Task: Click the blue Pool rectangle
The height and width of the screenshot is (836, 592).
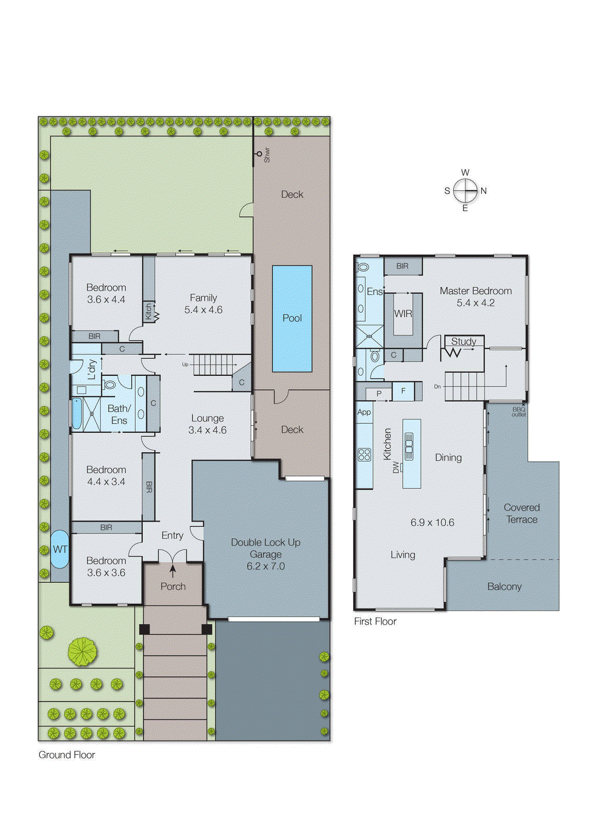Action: tap(292, 318)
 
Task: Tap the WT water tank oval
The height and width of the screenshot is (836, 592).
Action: tap(60, 549)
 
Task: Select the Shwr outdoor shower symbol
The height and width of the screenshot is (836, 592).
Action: tap(259, 154)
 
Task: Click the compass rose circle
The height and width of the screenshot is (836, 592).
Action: tap(465, 191)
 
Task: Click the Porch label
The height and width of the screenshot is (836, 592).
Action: tap(173, 586)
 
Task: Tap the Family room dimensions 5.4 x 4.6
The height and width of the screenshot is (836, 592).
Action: tap(203, 310)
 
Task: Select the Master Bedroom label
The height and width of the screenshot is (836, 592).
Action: tap(475, 291)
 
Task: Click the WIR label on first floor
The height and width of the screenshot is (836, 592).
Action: tap(403, 313)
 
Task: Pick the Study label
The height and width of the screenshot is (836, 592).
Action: tap(463, 341)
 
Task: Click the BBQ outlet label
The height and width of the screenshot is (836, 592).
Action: tap(518, 412)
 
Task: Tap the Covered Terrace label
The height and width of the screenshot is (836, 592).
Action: tap(521, 513)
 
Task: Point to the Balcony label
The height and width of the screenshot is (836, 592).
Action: tap(504, 586)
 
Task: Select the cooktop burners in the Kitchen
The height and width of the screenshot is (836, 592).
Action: tap(364, 455)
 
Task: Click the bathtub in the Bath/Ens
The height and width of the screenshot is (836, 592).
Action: tap(77, 414)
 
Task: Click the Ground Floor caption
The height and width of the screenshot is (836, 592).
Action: tap(67, 754)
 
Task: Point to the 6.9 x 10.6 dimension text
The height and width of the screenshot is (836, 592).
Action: tap(432, 522)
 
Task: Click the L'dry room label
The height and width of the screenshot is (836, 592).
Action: tap(92, 369)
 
